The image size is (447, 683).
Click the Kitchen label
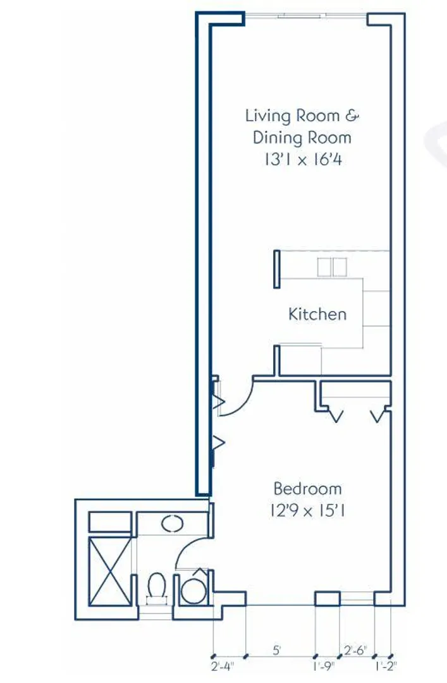[x=317, y=314]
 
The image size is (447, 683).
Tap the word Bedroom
[x=307, y=488]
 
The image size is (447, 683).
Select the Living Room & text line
[x=302, y=116]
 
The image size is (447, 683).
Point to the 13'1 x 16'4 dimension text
[x=303, y=159]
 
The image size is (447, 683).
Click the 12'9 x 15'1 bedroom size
[x=307, y=510]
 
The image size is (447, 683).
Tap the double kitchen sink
[x=332, y=267]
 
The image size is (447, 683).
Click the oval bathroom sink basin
[x=173, y=523]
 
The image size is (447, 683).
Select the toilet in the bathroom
[x=156, y=588]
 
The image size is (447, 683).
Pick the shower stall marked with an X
[x=110, y=571]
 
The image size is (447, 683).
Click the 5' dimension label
[x=277, y=650]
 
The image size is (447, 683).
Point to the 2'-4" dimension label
[x=222, y=666]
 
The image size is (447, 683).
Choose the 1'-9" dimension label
[x=323, y=666]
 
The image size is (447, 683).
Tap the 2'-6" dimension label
[x=355, y=650]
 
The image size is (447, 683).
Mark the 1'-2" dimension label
[x=386, y=666]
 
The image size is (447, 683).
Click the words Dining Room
[x=302, y=138]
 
